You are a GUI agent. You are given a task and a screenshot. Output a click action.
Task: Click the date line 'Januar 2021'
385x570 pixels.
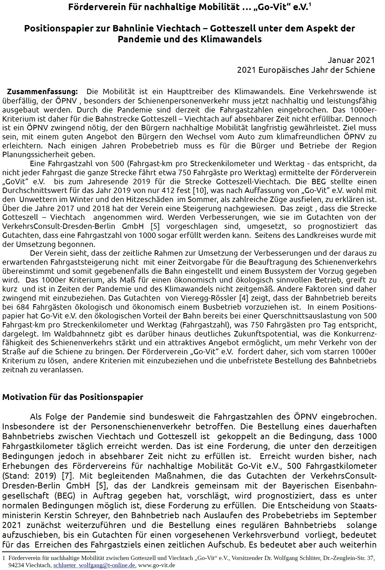pyautogui.click(x=351, y=60)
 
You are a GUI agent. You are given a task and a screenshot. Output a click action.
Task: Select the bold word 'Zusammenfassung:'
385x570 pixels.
pyautogui.click(x=42, y=92)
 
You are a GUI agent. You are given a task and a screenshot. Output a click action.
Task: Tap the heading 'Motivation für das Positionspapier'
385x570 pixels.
pyautogui.click(x=72, y=397)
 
